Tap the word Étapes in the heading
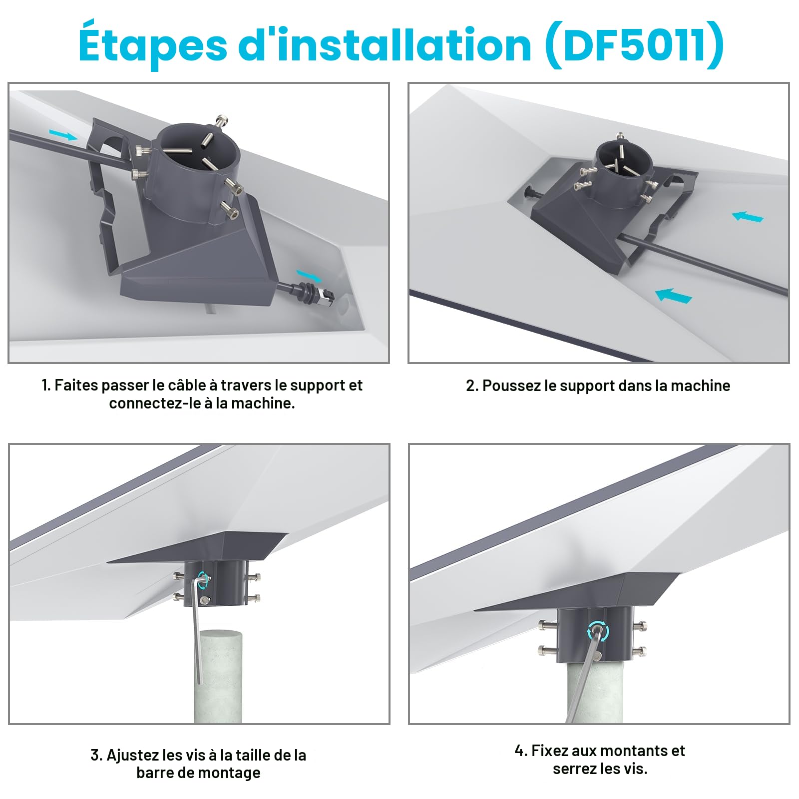tap(153, 44)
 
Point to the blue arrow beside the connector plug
tap(309, 275)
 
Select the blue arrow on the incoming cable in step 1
tap(63, 134)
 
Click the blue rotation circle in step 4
tap(598, 631)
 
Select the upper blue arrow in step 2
tap(748, 217)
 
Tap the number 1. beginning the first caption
tap(46, 385)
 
